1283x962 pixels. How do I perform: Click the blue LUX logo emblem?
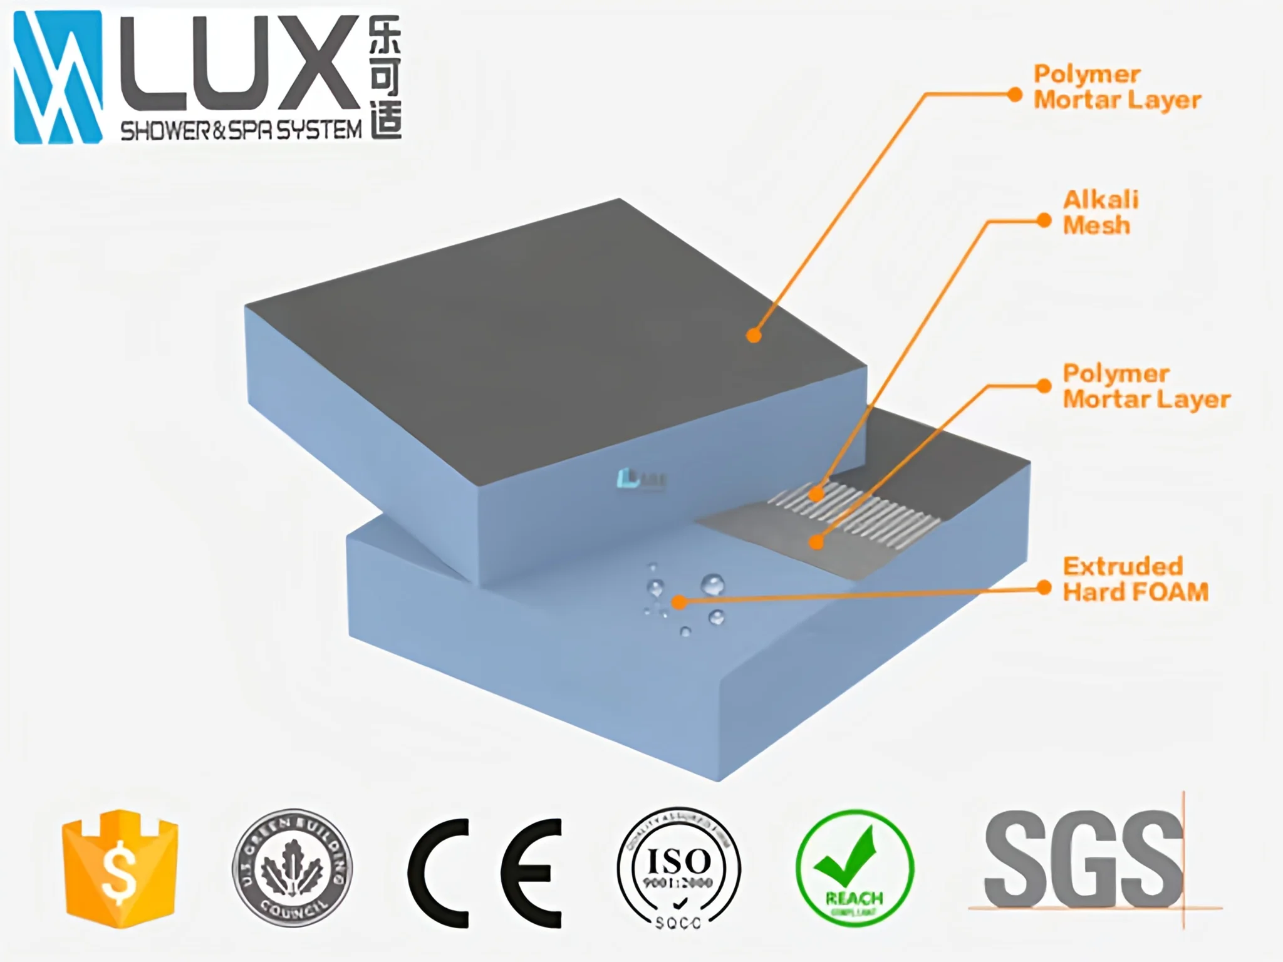point(58,77)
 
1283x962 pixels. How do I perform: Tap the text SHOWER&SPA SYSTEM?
point(241,130)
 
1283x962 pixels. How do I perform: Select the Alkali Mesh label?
point(1100,212)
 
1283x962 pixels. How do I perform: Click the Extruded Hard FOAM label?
point(1135,579)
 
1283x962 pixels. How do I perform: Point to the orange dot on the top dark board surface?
point(754,336)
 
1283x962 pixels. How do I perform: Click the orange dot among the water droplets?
point(679,603)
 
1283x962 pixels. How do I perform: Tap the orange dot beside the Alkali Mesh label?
point(1044,220)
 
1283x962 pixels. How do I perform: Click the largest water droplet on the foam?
point(712,585)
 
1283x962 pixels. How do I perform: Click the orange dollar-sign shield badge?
point(120,868)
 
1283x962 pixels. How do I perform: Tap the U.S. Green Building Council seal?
point(292,868)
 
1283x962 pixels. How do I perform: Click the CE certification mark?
point(484,872)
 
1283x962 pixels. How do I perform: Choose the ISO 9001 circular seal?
point(678,868)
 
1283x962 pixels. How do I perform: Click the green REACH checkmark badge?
point(854,868)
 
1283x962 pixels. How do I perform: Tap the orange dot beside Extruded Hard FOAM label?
point(1044,587)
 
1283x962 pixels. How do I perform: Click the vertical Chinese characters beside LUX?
point(385,76)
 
